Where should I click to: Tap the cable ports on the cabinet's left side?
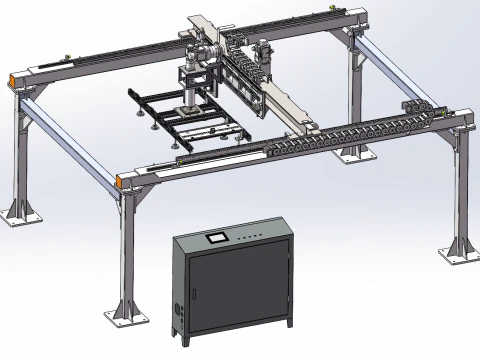[x=179, y=299]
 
